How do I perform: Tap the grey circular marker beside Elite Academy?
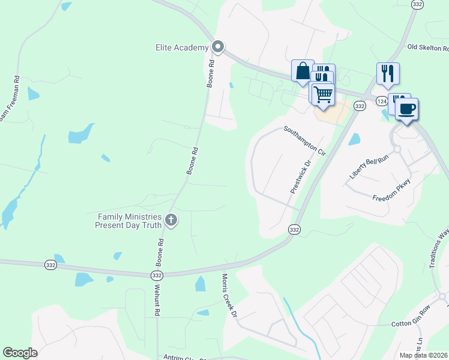pos(218,47)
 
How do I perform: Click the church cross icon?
pos(171,220)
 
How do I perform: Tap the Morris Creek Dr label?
pos(229,295)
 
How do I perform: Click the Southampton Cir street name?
pos(304,141)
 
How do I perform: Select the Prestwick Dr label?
pos(301,176)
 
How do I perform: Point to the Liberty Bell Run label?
pos(370,167)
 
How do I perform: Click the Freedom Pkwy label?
pos(391,190)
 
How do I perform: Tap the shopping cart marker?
pos(323,94)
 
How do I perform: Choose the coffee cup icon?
pos(406,109)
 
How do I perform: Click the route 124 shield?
pos(382,101)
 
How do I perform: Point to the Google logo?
pos(20,353)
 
